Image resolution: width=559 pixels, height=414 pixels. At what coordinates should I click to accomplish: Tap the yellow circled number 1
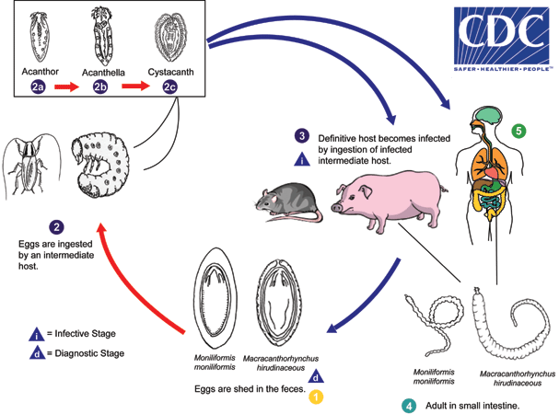[315, 397]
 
